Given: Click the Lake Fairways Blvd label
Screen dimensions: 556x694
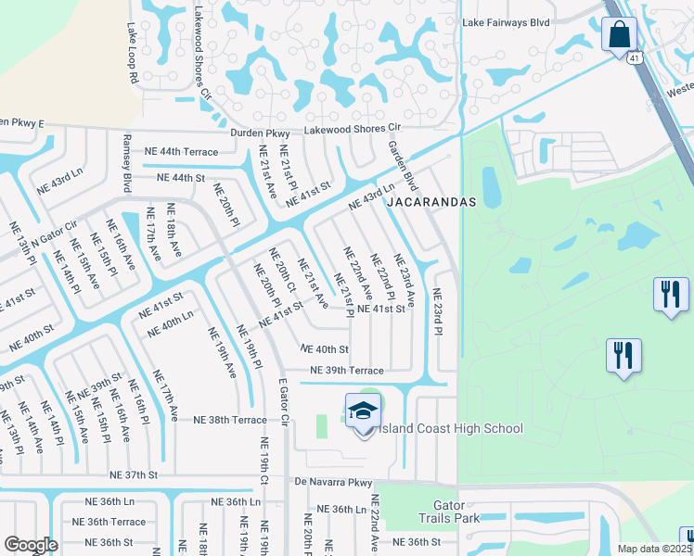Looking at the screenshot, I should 507,22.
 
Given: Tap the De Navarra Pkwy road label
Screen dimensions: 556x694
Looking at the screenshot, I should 333,482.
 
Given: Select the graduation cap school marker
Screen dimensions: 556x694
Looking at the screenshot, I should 363,411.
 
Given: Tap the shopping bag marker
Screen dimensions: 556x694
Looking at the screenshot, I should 619,35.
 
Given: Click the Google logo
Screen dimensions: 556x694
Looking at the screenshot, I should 31,545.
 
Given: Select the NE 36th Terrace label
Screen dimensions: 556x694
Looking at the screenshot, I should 115,522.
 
